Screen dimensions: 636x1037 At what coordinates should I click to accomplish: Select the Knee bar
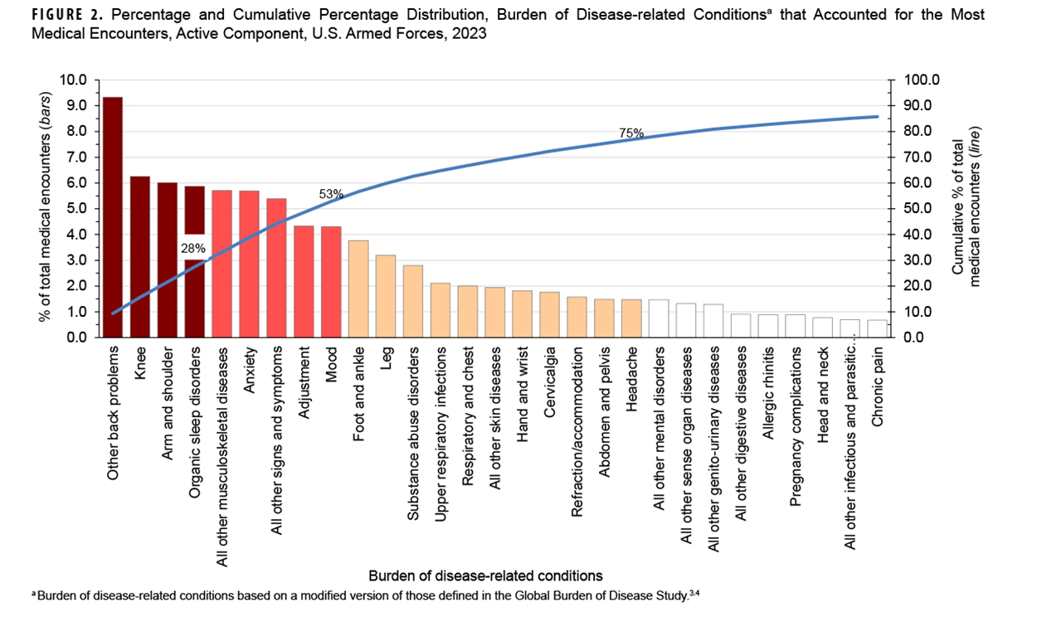(140, 257)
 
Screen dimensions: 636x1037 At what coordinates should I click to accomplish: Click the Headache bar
(631, 318)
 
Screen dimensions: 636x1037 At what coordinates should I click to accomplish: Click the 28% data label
(194, 247)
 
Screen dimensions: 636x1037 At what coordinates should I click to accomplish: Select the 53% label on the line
(331, 194)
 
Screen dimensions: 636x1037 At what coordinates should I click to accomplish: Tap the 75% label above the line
(631, 133)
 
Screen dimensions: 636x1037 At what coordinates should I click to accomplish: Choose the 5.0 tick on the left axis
(76, 209)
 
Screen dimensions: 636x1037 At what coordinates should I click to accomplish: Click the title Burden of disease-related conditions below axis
(485, 575)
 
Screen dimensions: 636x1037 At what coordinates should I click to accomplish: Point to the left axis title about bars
(46, 207)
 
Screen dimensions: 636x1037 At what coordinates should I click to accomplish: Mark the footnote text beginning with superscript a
(365, 595)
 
